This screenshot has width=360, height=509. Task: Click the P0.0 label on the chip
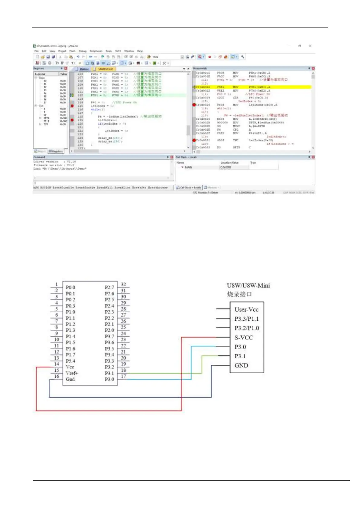[x=70, y=287]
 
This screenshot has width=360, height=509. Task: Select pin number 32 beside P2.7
[x=123, y=284]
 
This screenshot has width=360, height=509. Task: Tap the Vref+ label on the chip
[x=72, y=373]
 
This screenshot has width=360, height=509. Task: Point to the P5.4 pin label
[x=70, y=361]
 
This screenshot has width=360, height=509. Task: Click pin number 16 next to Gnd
[x=57, y=376]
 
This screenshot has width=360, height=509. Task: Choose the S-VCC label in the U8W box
[x=244, y=338]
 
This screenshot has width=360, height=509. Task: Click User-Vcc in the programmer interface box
[x=246, y=310]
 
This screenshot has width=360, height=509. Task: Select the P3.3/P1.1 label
[x=247, y=319]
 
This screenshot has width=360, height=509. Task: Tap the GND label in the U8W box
[x=241, y=365]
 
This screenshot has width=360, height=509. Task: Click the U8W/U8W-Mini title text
[x=248, y=286]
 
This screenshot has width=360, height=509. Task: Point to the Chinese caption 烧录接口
[x=239, y=294]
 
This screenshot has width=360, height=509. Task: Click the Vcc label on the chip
[x=70, y=367]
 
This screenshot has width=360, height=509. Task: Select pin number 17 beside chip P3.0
[x=123, y=376]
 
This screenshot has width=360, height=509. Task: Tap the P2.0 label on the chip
[x=109, y=330]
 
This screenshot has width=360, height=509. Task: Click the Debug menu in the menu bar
[x=83, y=51]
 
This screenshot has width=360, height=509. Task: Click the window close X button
[x=310, y=46]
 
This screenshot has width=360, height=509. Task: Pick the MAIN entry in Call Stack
[x=188, y=167]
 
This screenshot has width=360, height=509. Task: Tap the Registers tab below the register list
[x=56, y=151]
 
